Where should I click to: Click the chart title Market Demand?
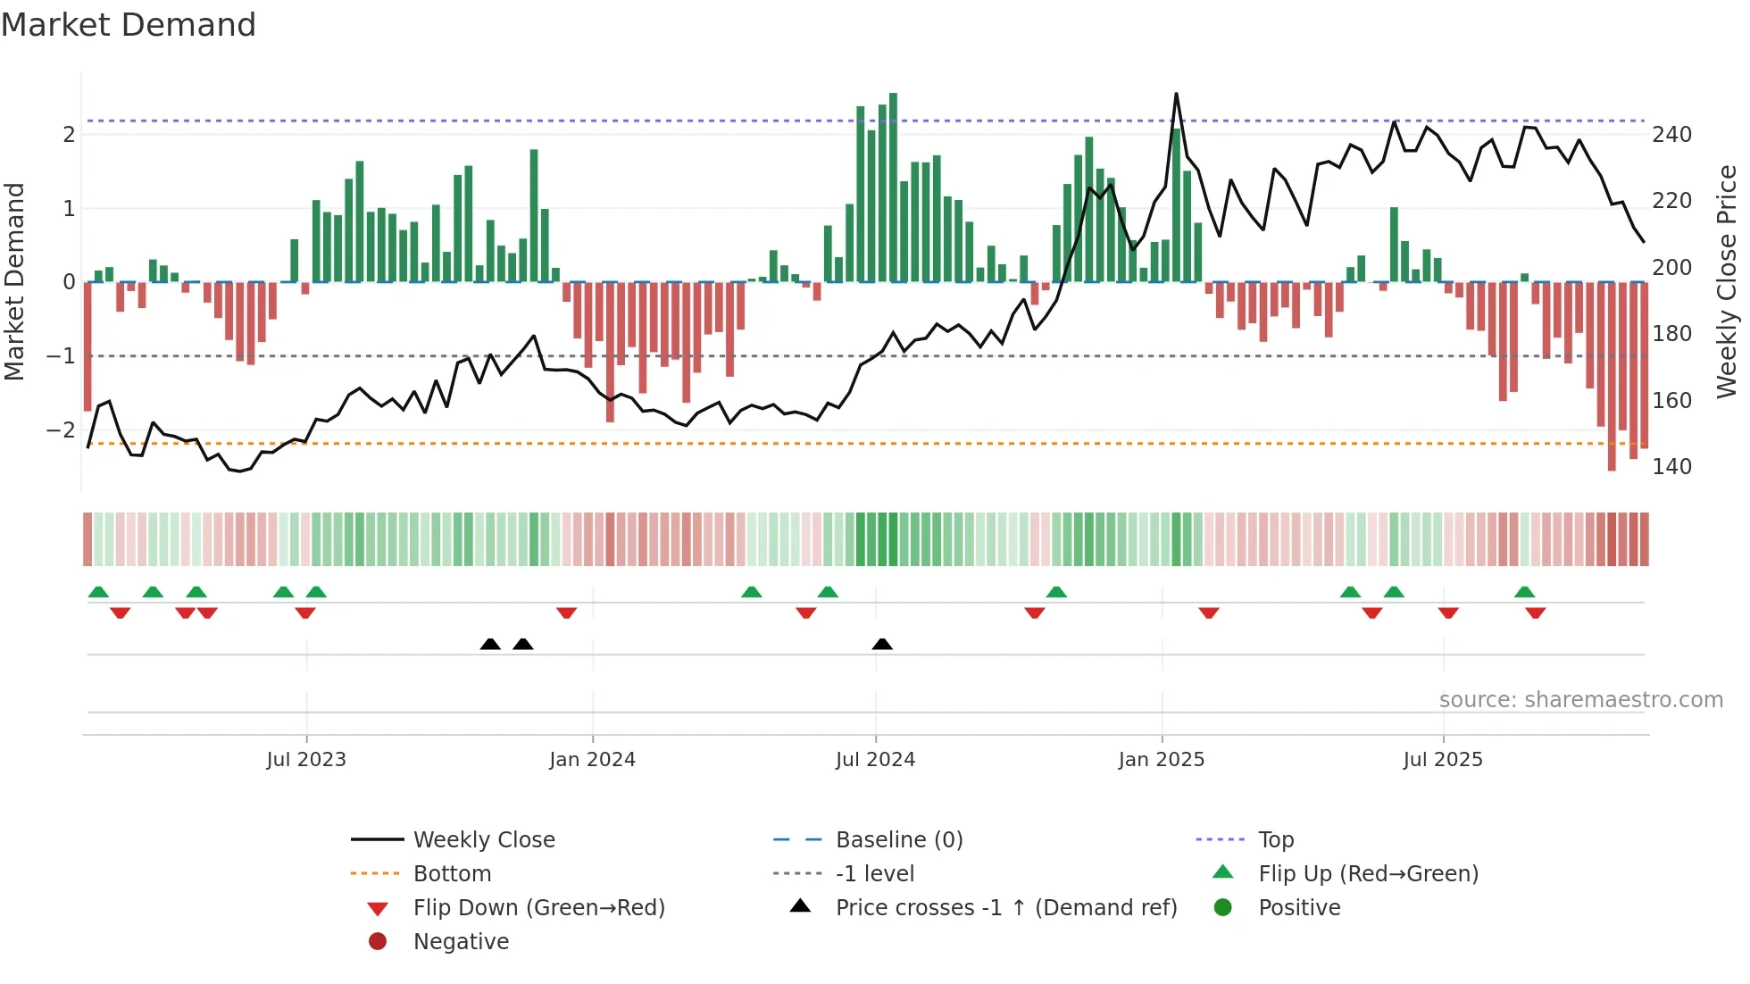(129, 25)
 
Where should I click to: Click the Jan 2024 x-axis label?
(592, 760)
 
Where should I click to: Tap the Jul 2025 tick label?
(1442, 760)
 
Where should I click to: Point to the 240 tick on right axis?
(1671, 135)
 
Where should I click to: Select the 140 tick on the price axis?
(1671, 467)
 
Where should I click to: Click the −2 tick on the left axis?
(61, 430)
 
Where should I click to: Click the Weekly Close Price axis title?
(1727, 281)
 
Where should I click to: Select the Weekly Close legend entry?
(483, 840)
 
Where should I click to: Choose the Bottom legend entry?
(452, 874)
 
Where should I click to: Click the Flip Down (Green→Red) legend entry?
(538, 908)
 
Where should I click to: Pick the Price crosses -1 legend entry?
(1005, 908)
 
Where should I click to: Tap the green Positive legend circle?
(1223, 908)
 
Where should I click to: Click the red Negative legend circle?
(378, 942)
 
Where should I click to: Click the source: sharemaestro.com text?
(1580, 700)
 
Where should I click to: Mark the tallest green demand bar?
(893, 188)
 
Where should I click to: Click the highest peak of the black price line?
(1176, 94)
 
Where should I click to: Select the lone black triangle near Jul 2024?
(882, 645)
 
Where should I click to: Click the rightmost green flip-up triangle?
(1524, 592)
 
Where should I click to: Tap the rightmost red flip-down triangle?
(1536, 613)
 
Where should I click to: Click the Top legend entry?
(1275, 840)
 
